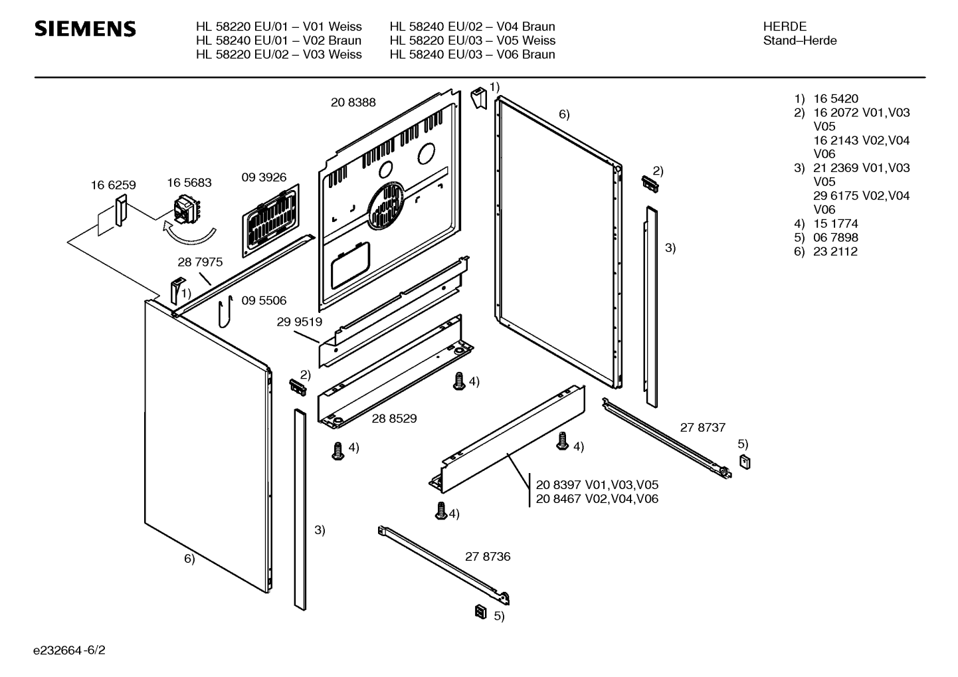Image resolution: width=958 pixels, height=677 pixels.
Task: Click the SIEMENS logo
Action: [x=85, y=29]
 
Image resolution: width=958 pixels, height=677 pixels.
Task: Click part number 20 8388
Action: [x=353, y=102]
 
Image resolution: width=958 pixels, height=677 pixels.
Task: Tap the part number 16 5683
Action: [x=189, y=182]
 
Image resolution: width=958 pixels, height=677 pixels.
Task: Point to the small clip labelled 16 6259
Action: [x=120, y=211]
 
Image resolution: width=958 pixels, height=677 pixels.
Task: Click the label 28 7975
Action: [x=200, y=262]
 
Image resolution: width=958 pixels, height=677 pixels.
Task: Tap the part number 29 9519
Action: [x=299, y=322]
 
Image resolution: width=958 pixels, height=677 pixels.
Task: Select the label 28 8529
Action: [x=394, y=419]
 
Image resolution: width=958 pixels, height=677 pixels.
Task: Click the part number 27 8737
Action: [x=702, y=428]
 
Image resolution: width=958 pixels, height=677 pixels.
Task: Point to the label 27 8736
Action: [x=488, y=557]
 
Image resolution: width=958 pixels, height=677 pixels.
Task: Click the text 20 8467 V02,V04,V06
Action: [x=597, y=499]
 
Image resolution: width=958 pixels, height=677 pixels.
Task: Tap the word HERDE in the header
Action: [x=785, y=27]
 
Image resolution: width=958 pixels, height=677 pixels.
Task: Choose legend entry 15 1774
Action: [x=835, y=224]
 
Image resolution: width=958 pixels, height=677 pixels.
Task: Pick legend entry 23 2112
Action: [x=835, y=252]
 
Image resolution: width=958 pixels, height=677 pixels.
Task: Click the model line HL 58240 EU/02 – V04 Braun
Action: [x=472, y=27]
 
